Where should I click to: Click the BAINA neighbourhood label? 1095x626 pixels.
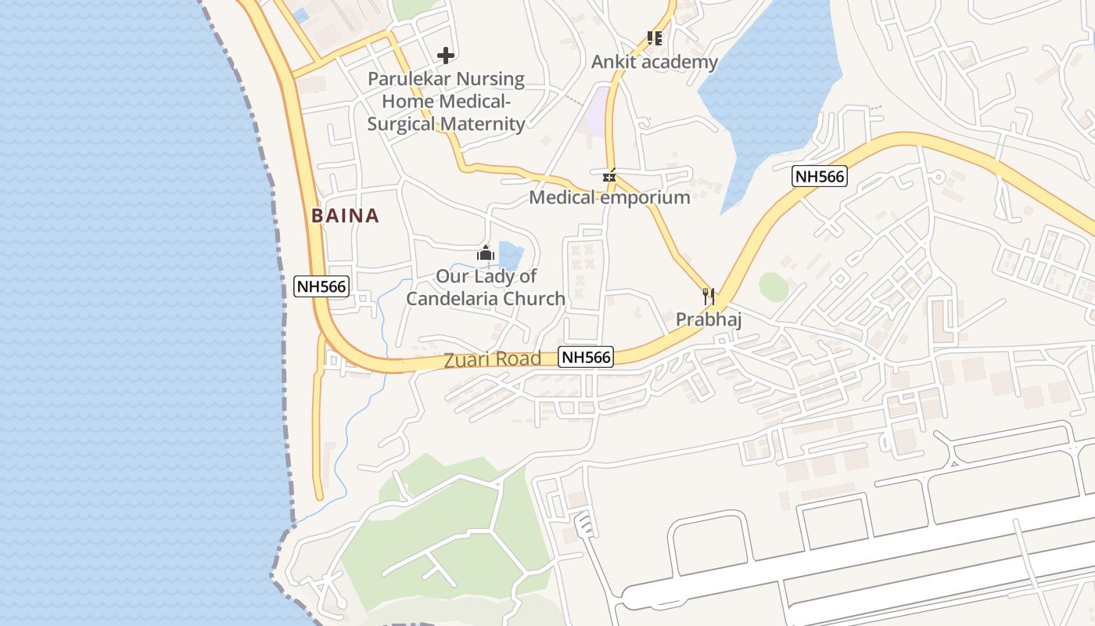[x=345, y=216]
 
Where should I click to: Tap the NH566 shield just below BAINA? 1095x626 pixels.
[x=321, y=286]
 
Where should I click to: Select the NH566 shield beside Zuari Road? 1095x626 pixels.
[x=587, y=358]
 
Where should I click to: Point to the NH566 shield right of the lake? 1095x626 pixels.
[x=819, y=176]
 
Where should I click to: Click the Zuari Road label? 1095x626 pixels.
[x=492, y=359]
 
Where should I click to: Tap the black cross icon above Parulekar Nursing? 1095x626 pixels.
[x=446, y=56]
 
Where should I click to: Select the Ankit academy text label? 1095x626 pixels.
[x=654, y=62]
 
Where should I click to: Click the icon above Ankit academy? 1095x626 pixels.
[x=654, y=38]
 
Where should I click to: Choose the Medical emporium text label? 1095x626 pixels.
[x=609, y=197]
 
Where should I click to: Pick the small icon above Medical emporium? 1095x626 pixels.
[x=609, y=176]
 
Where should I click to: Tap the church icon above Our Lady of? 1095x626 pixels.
[x=486, y=254]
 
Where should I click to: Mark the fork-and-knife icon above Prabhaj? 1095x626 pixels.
[x=709, y=296]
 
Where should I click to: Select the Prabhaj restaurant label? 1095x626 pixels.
[x=709, y=319]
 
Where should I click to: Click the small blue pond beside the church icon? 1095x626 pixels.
[x=510, y=254]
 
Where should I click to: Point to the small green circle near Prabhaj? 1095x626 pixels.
[x=774, y=287]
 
